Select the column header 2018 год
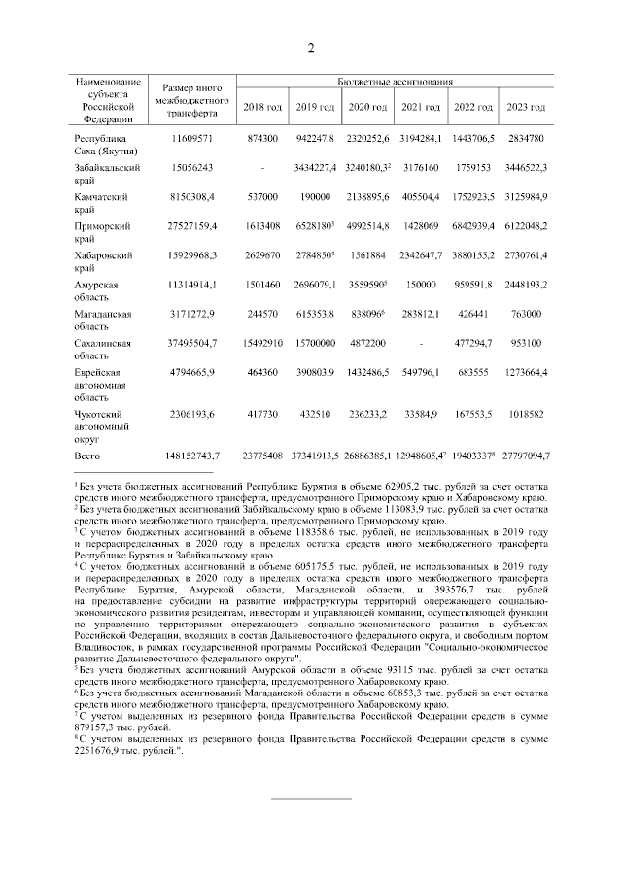(262, 106)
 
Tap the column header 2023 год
(525, 106)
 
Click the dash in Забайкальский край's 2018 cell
(262, 167)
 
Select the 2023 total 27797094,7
(525, 455)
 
